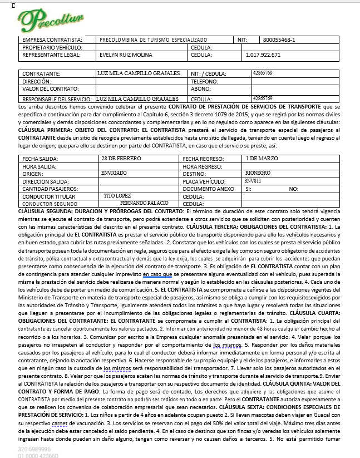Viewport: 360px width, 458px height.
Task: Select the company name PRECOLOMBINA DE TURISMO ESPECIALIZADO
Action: (x=153, y=40)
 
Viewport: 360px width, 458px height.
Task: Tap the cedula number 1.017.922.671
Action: (x=263, y=56)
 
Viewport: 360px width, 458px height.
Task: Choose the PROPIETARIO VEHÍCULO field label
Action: (x=51, y=48)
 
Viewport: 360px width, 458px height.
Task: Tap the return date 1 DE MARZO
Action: (x=261, y=158)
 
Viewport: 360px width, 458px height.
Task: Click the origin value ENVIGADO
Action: (x=114, y=173)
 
